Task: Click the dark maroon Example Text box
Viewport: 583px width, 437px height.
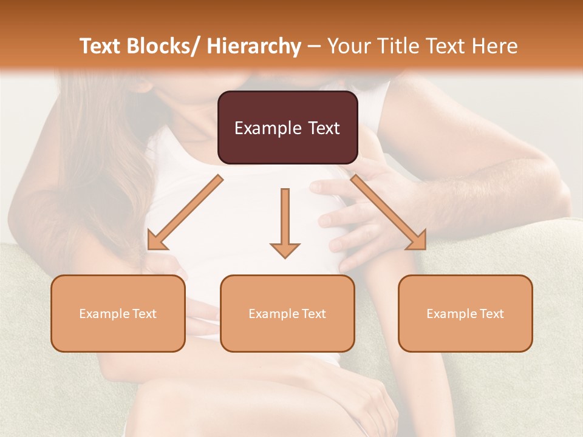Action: [x=287, y=127]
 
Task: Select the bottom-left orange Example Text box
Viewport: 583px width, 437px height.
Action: [x=118, y=313]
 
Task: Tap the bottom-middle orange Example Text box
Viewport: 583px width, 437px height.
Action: [x=287, y=313]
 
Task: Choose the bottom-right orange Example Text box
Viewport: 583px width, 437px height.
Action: [x=465, y=313]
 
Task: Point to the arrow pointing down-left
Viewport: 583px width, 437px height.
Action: [x=185, y=213]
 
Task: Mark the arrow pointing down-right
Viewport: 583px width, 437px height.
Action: [x=389, y=212]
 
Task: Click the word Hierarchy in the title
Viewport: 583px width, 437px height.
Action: [x=254, y=46]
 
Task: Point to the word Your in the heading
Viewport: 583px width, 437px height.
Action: [x=349, y=46]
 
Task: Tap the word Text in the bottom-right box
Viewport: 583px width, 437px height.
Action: [x=492, y=313]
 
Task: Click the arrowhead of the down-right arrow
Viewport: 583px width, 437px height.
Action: [x=418, y=242]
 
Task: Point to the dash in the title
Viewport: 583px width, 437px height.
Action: [x=314, y=46]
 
